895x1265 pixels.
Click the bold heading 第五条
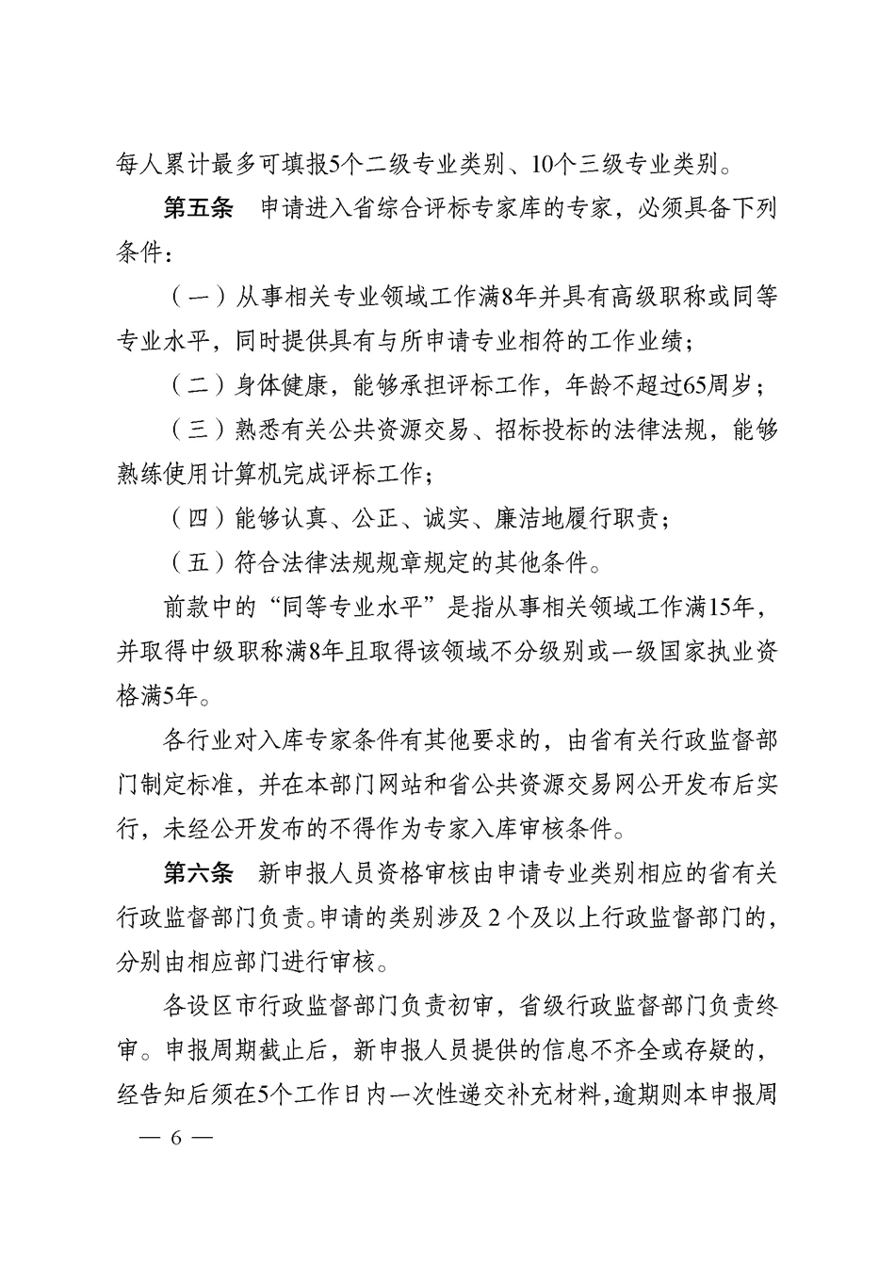pyautogui.click(x=198, y=210)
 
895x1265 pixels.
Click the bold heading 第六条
pyautogui.click(x=198, y=873)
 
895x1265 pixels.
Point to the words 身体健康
pyautogui.click(x=280, y=386)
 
